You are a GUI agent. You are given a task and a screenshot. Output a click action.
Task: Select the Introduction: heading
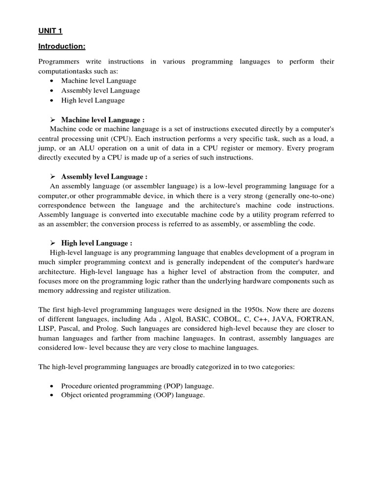click(x=62, y=46)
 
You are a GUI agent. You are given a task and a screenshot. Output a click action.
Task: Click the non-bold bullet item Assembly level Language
click(x=100, y=91)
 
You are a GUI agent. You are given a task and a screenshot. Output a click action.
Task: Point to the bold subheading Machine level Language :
click(x=102, y=120)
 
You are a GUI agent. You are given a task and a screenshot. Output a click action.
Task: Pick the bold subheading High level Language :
click(x=96, y=243)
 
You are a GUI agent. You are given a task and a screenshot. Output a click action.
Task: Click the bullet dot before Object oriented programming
click(x=53, y=395)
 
